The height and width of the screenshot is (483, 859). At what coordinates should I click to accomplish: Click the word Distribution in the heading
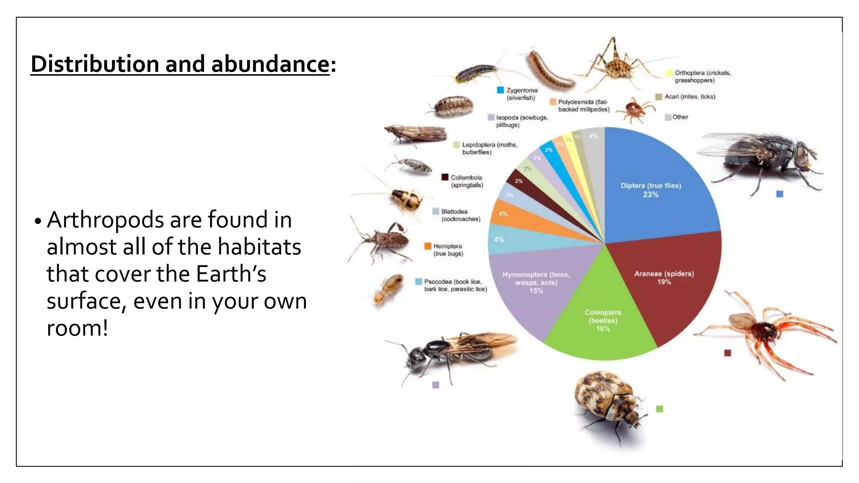click(x=95, y=64)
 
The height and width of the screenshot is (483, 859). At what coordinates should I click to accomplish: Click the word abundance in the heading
click(x=270, y=64)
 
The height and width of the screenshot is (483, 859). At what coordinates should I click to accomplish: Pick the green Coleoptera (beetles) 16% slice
click(x=603, y=331)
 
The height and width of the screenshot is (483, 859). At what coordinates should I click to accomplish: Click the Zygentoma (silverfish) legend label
click(x=521, y=94)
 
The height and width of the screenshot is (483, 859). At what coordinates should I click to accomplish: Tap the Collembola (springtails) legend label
click(x=466, y=181)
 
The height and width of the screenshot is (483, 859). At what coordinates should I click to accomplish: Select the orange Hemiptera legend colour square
click(x=428, y=246)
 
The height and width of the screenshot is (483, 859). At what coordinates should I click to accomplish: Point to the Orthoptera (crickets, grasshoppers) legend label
click(x=702, y=76)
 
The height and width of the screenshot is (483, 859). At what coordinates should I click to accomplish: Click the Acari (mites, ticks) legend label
click(x=690, y=96)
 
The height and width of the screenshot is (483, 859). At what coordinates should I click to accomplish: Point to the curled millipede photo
click(x=549, y=71)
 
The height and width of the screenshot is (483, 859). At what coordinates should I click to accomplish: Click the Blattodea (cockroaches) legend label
click(x=460, y=215)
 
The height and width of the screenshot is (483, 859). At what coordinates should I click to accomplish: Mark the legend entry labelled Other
click(x=680, y=117)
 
